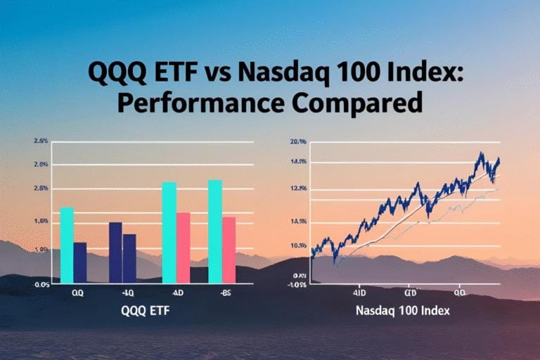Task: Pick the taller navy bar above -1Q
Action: tap(115, 252)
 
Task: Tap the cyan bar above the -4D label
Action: tap(169, 233)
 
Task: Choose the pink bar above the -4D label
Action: tap(184, 247)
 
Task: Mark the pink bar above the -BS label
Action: tap(229, 250)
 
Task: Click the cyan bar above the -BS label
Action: tap(215, 231)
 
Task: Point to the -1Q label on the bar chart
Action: tap(127, 294)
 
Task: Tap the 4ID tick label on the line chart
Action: tap(360, 290)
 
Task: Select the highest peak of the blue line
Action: tap(481, 153)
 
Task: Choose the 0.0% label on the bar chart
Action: tap(41, 285)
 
